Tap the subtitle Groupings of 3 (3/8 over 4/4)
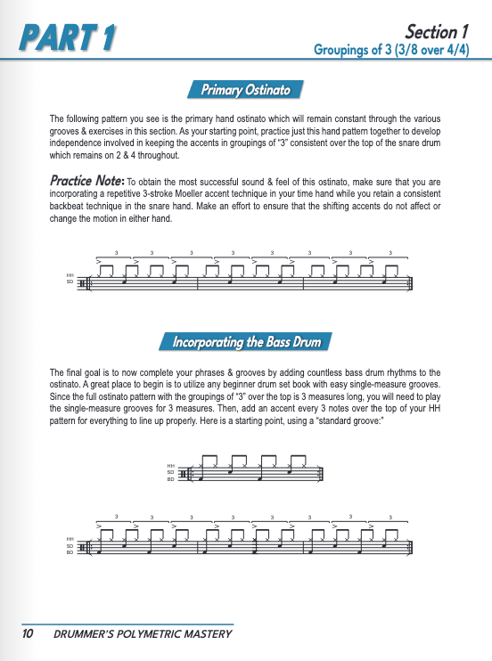click(391, 51)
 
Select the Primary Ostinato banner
click(246, 89)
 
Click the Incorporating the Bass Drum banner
click(246, 342)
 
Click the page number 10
click(28, 634)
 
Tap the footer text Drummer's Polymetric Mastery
click(143, 634)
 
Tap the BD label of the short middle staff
click(170, 479)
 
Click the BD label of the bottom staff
click(70, 552)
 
